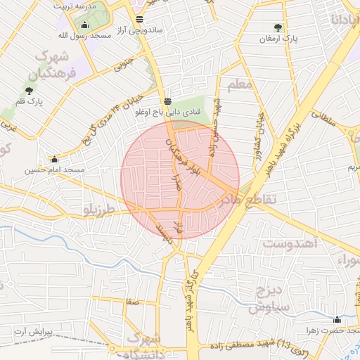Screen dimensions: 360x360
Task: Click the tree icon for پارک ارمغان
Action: pos(278,28)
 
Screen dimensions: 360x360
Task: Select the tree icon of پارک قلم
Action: pos(29,90)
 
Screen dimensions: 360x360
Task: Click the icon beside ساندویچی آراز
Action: pos(139,19)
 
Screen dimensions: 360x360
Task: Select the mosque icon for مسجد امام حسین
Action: pos(54,159)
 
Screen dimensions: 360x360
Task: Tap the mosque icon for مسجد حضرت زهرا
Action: pos(337,319)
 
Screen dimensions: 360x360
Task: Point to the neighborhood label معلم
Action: pos(240,85)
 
